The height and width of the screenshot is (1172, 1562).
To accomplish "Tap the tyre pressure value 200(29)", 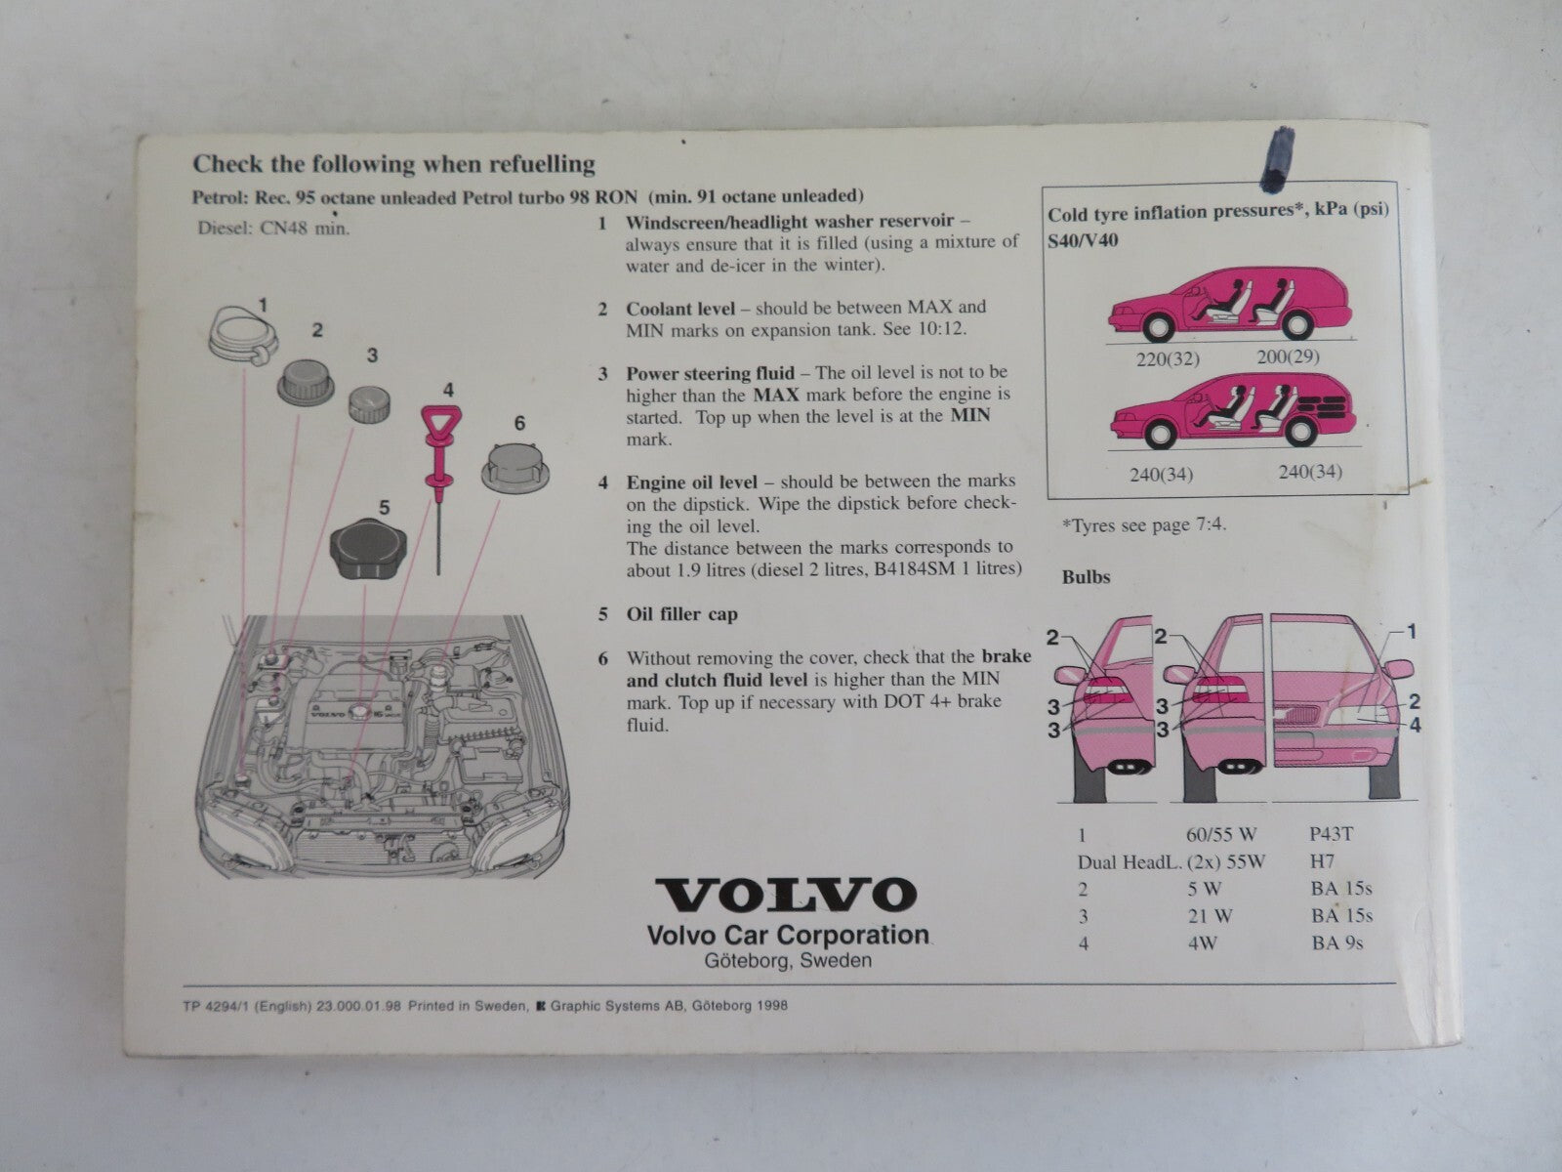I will [1288, 356].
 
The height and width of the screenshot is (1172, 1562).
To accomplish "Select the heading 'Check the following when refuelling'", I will [393, 164].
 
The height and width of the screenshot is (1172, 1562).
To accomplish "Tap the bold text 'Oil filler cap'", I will [681, 614].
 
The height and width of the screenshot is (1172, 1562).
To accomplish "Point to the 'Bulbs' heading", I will [1086, 576].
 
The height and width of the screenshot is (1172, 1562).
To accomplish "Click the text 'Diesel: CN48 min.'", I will [273, 228].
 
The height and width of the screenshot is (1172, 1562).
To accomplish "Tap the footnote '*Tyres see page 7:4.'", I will [1144, 524].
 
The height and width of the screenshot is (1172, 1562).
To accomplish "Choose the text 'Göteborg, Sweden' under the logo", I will [787, 960].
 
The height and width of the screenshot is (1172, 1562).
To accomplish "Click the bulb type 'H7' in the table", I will [1324, 861].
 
